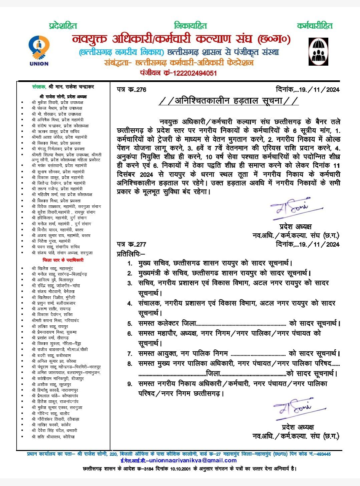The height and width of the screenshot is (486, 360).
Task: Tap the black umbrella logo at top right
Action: pos(317,51)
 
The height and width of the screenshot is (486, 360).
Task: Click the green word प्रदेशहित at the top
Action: pos(63,25)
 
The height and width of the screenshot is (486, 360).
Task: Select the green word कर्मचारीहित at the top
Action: pos(315,25)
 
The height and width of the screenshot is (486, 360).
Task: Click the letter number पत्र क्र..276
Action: pos(132,90)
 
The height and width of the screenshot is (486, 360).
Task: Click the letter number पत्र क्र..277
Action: pos(131,244)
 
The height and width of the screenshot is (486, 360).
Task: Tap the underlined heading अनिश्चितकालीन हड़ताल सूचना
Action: pos(229,101)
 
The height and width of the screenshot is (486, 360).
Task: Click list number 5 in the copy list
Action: pos(130,324)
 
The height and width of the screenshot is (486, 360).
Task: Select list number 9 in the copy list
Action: pos(130,384)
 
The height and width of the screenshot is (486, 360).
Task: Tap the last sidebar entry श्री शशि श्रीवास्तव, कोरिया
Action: pos(53,436)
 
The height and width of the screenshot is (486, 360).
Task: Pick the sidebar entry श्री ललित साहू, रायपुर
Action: pos(50,326)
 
